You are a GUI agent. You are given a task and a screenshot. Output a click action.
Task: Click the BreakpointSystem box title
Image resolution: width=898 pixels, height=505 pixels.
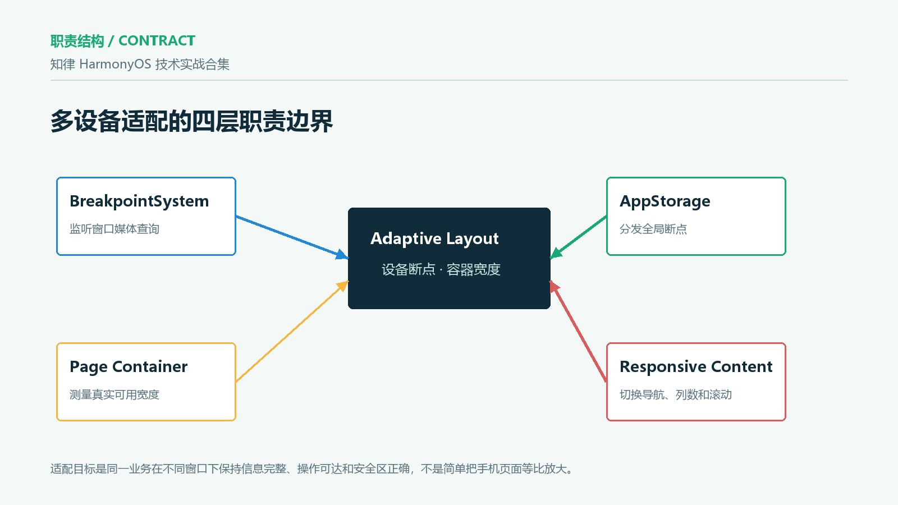(x=139, y=201)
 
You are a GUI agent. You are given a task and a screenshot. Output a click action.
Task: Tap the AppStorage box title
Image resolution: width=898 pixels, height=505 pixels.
(x=665, y=201)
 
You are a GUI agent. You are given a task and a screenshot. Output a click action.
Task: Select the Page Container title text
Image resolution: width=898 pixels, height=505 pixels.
(x=129, y=367)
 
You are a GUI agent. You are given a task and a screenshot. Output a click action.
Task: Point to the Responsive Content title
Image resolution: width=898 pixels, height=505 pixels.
(x=696, y=367)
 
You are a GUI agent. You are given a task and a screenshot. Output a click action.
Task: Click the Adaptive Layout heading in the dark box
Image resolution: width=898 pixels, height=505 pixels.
(x=434, y=238)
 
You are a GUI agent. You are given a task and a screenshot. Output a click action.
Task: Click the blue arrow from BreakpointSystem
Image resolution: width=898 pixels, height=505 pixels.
(x=292, y=237)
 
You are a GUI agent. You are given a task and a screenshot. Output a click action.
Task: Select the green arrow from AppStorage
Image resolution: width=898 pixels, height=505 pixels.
(x=578, y=237)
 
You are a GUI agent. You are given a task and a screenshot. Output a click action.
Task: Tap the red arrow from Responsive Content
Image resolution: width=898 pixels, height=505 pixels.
(x=578, y=331)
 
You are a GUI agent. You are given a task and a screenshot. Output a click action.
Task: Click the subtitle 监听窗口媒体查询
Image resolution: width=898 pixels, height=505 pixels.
(x=114, y=229)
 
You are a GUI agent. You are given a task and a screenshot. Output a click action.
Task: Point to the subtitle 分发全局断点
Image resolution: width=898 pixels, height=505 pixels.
(x=653, y=229)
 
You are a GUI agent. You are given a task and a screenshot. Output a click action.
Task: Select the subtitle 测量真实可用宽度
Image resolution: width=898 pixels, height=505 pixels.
(x=114, y=395)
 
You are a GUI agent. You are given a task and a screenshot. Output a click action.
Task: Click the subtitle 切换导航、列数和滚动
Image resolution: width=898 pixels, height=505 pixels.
(x=676, y=395)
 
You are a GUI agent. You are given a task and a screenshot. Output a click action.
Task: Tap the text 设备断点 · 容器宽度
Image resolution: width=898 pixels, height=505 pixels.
(x=441, y=269)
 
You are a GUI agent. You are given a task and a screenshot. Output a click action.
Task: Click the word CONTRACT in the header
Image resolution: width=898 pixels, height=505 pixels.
(x=157, y=40)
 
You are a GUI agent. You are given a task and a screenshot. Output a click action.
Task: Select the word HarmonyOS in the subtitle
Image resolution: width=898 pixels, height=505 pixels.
(x=115, y=64)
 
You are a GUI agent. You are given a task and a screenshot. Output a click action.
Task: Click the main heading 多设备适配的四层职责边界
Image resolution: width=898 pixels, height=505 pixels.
(x=191, y=121)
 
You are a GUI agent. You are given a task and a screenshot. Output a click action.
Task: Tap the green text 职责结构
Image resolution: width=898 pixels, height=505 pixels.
(x=77, y=41)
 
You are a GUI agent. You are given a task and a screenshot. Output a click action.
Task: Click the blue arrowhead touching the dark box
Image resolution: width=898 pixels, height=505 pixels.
(x=342, y=255)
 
